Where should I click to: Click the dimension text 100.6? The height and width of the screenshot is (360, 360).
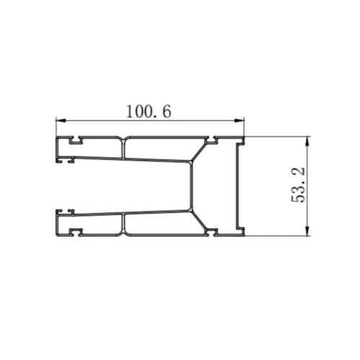[150, 112]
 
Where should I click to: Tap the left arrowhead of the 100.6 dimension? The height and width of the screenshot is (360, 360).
[60, 120]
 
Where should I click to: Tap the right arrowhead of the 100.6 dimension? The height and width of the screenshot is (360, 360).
[241, 120]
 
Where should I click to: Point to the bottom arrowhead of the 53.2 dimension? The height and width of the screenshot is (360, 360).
[308, 231]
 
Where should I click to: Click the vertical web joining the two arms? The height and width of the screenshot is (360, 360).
[192, 186]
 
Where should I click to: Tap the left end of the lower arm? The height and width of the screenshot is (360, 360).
[58, 224]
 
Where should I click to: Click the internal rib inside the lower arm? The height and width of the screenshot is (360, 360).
[125, 224]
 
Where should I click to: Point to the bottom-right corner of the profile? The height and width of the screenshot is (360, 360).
[245, 235]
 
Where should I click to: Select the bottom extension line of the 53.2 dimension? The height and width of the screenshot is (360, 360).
[277, 235]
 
